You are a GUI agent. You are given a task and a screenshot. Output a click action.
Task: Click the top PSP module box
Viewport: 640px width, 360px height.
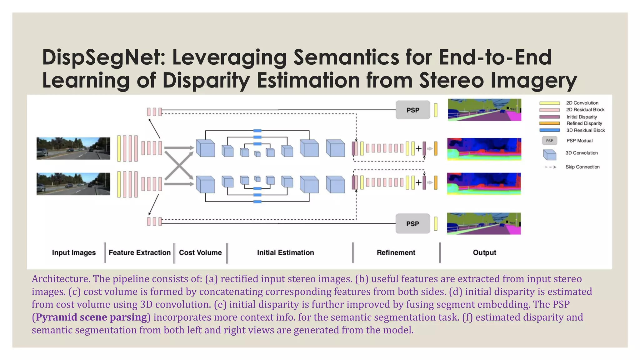point(412,110)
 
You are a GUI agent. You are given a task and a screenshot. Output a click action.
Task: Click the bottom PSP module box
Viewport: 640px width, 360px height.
point(412,224)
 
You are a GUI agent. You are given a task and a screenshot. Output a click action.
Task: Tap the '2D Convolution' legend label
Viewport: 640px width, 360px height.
point(582,103)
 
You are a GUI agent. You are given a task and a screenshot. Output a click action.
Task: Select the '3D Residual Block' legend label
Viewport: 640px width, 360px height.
point(585,130)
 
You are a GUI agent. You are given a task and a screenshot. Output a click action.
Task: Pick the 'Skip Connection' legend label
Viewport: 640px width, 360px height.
point(582,167)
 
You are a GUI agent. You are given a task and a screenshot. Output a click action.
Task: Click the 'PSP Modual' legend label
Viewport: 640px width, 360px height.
point(579,141)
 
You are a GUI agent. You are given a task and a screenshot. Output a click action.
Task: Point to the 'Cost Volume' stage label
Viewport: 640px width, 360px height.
point(200,252)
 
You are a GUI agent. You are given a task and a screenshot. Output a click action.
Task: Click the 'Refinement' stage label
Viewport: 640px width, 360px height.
point(396,252)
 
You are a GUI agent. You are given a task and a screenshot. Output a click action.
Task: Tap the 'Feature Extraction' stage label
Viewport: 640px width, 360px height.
point(140,252)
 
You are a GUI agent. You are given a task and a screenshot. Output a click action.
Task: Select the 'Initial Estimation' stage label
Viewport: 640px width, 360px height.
point(285,252)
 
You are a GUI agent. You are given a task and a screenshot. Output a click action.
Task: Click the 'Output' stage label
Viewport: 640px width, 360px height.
point(484,252)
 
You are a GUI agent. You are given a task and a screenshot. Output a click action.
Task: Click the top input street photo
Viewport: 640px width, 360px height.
point(73,148)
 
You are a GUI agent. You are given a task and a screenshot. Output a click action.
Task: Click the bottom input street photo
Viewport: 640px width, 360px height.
point(73,184)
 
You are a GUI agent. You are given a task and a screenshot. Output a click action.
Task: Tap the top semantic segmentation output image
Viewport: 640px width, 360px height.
point(484,110)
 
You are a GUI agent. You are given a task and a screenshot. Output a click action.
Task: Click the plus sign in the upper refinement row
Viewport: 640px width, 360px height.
point(418,149)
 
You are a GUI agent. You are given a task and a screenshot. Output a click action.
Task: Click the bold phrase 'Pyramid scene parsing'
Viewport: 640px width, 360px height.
point(91,317)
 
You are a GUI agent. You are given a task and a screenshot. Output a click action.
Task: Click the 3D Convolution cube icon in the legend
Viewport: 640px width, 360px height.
point(550,154)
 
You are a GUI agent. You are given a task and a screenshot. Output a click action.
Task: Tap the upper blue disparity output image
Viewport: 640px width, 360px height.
point(484,149)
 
